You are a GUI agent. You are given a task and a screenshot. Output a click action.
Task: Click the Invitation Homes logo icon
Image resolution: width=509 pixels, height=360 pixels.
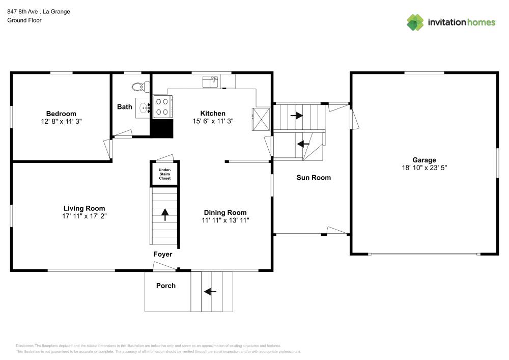(x=415, y=22)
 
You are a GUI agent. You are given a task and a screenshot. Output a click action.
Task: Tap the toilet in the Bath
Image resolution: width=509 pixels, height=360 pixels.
(x=138, y=87)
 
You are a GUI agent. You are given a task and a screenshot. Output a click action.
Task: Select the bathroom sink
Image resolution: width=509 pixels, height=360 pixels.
(x=144, y=108)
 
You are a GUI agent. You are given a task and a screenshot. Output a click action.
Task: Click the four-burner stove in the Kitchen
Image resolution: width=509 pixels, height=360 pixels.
(x=162, y=107)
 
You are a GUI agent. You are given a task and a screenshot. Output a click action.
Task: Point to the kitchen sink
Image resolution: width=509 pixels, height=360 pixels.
(x=210, y=81)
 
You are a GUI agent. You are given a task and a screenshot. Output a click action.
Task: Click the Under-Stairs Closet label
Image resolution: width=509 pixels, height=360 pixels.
(x=164, y=174)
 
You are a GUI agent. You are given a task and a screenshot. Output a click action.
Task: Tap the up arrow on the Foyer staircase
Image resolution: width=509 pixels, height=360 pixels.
(x=164, y=214)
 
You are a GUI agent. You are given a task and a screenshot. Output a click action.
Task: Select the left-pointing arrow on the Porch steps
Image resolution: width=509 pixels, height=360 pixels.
(x=210, y=292)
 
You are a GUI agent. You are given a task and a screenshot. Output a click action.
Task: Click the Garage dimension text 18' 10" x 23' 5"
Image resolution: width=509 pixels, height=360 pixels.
(x=424, y=168)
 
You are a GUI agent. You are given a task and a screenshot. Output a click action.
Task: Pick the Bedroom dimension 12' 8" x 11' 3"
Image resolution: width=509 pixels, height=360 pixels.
(x=61, y=122)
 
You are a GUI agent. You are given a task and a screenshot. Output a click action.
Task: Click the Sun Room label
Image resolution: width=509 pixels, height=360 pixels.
(x=314, y=178)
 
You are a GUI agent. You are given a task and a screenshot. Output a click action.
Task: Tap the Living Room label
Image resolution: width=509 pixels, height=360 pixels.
(x=84, y=208)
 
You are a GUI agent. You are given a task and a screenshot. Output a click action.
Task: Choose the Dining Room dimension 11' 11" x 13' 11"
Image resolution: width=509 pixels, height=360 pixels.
(x=225, y=220)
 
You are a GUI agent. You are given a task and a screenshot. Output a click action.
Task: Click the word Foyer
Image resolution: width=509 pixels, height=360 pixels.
(x=163, y=254)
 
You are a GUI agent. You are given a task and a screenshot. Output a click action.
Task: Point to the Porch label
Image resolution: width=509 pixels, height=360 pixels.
(x=165, y=286)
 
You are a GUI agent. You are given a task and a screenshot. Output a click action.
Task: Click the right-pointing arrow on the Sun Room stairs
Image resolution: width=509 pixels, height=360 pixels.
(x=296, y=116)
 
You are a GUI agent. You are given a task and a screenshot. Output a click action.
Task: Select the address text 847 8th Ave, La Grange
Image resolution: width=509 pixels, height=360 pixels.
(x=39, y=11)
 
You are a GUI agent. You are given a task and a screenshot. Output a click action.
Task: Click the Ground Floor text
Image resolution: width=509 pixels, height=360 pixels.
(x=24, y=20)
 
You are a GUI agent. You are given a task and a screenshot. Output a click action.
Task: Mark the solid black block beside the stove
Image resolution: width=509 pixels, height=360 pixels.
(x=163, y=128)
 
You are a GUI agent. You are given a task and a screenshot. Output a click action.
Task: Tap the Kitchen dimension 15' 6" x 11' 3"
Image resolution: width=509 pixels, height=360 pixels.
(x=213, y=121)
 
